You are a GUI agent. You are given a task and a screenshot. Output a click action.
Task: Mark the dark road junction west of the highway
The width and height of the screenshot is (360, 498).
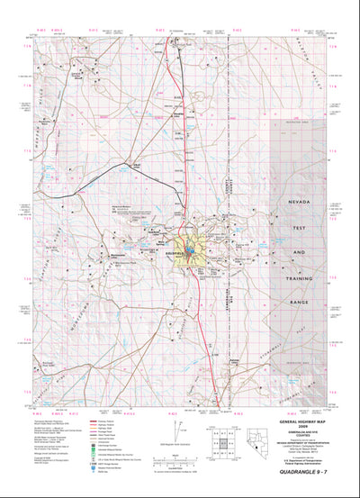pos(136,168)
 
